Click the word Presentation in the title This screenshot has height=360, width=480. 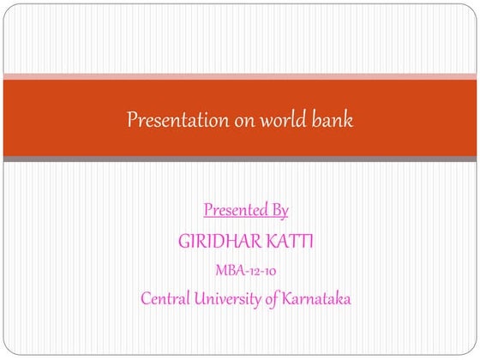point(177,120)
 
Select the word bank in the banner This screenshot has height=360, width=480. point(333,120)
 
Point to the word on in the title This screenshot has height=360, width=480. point(244,121)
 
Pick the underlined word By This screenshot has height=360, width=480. point(279,210)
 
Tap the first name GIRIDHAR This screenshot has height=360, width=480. point(219,242)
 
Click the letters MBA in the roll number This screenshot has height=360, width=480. point(227,272)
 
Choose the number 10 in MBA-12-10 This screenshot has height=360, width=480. point(267,272)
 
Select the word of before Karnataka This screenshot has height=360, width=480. point(277,300)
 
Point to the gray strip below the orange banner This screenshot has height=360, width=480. point(240,159)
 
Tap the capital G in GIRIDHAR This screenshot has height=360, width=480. point(183,242)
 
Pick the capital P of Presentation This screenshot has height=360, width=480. point(132,120)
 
